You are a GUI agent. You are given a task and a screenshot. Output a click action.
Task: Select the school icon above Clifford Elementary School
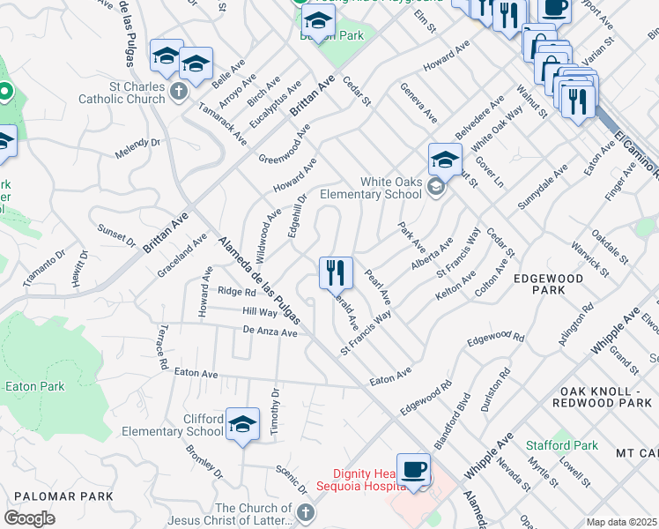click(242, 424)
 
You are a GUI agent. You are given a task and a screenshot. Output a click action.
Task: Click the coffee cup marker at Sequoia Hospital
click(413, 469)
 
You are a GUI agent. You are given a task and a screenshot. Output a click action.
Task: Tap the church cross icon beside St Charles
click(179, 91)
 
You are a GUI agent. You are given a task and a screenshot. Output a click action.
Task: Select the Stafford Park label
click(562, 445)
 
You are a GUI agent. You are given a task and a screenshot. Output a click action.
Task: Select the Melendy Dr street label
click(137, 148)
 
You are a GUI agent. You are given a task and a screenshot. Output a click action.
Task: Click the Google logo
click(29, 518)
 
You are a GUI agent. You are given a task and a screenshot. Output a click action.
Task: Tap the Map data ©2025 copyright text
click(621, 522)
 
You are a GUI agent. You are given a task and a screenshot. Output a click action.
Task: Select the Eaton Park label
click(34, 386)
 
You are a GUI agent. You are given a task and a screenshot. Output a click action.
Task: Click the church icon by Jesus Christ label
click(305, 512)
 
